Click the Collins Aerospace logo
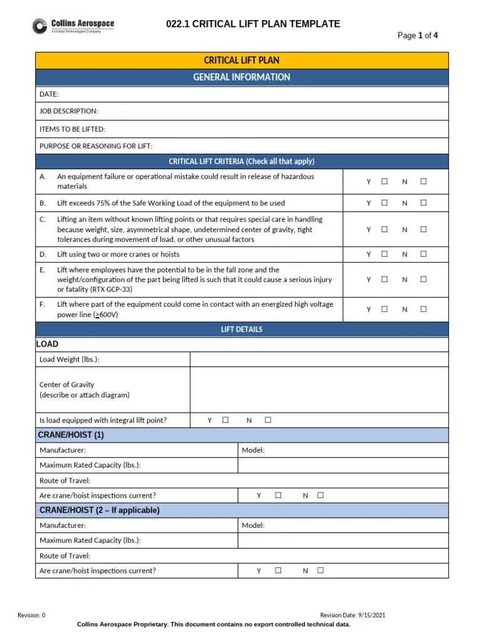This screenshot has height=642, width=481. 73,26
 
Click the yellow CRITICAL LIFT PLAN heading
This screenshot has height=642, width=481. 242,60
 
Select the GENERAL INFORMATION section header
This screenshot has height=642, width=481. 242,77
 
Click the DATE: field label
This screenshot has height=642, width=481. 49,94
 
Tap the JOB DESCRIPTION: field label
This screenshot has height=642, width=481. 69,111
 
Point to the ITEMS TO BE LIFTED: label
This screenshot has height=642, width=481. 73,129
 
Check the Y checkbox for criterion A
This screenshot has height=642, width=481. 385,181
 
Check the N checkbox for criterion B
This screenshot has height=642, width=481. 423,203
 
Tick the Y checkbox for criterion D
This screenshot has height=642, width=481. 385,254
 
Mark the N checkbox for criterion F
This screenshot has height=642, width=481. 423,309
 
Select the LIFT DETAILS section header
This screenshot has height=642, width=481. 242,329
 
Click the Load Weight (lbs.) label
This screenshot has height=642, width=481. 69,359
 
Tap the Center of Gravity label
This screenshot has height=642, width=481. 67,384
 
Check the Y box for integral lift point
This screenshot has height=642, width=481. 225,420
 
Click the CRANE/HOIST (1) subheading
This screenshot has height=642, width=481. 71,435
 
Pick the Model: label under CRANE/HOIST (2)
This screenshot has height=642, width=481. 253,525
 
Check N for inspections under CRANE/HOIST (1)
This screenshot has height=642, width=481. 320,495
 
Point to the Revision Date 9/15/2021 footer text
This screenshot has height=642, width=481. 353,615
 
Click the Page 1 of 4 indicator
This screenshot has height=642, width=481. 418,36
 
